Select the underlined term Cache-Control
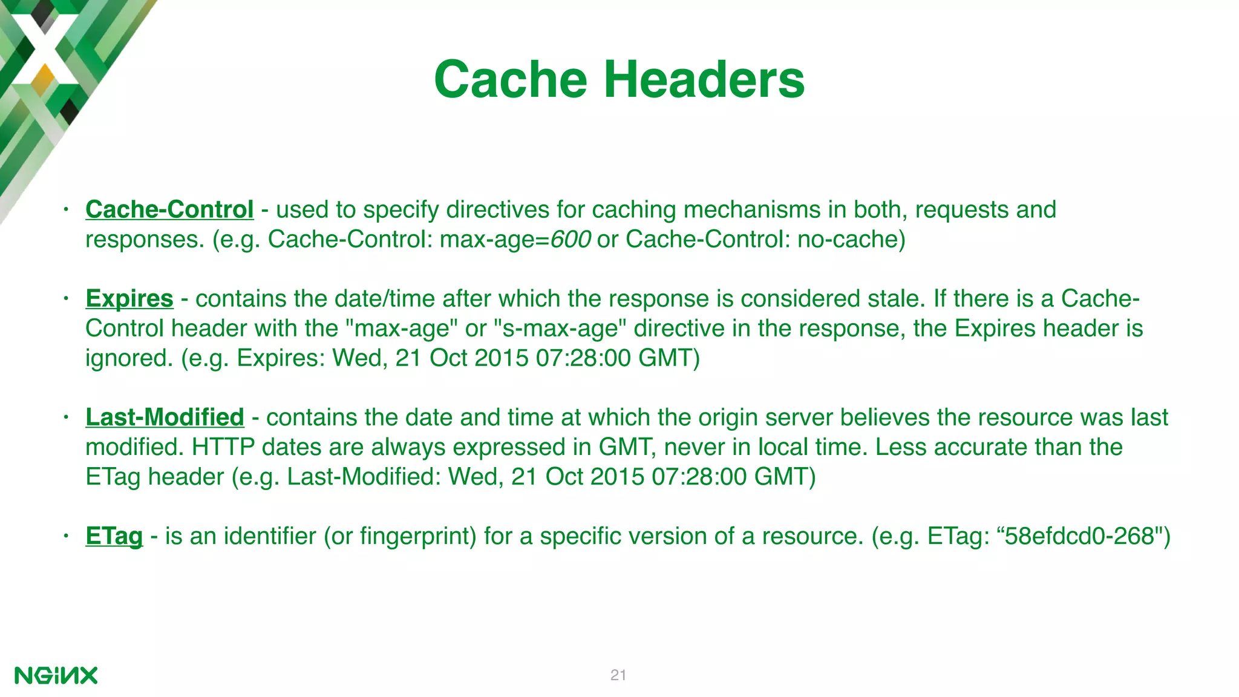point(169,209)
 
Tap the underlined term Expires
point(129,298)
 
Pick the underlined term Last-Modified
point(165,417)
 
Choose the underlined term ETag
point(114,536)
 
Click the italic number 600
point(570,240)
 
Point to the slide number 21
point(618,675)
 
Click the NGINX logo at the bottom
point(56,675)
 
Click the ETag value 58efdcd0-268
point(1079,536)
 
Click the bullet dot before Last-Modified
point(67,417)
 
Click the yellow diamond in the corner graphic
point(43,79)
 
